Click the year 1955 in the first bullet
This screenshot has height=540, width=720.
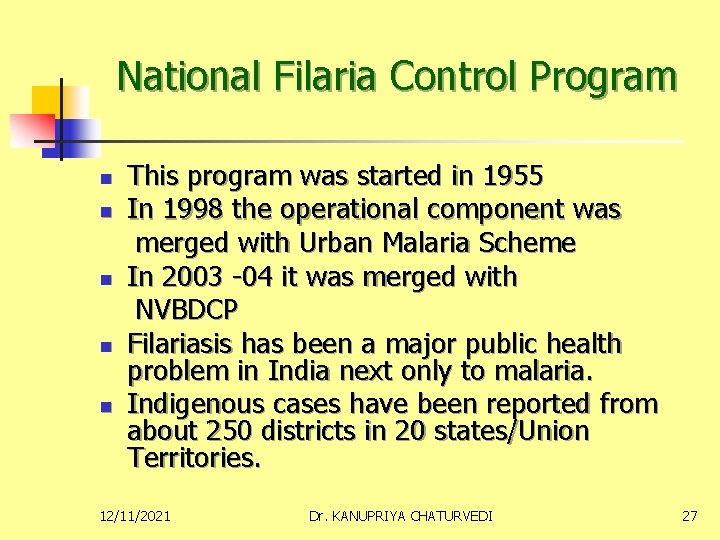(x=513, y=177)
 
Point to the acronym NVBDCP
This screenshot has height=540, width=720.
(x=187, y=309)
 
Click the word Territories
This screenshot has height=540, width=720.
(x=194, y=458)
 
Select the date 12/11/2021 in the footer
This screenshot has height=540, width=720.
(x=135, y=516)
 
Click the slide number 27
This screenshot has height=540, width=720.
(x=689, y=516)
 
